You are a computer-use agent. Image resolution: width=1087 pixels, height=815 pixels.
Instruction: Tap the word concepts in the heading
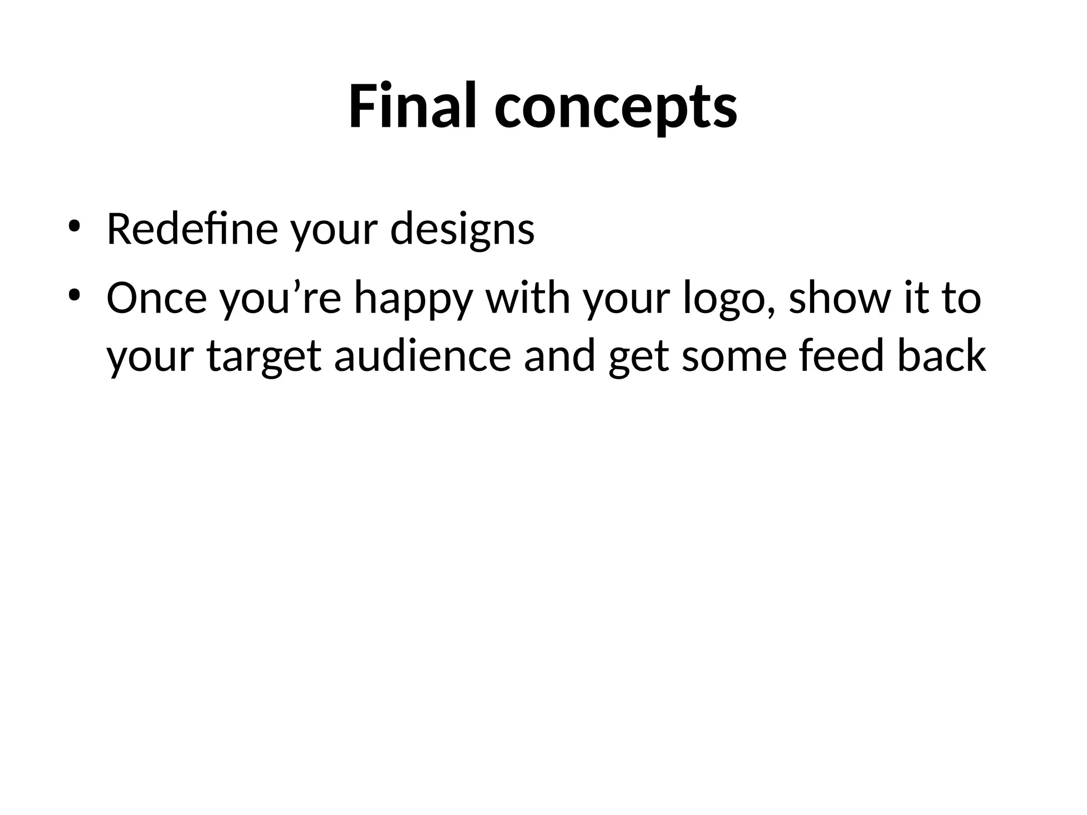click(x=616, y=109)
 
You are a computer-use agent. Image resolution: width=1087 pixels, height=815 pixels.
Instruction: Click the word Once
click(x=157, y=298)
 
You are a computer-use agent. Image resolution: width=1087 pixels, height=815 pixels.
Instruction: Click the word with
click(x=528, y=298)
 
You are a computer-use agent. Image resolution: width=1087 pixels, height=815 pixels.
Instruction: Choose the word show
click(x=838, y=298)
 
